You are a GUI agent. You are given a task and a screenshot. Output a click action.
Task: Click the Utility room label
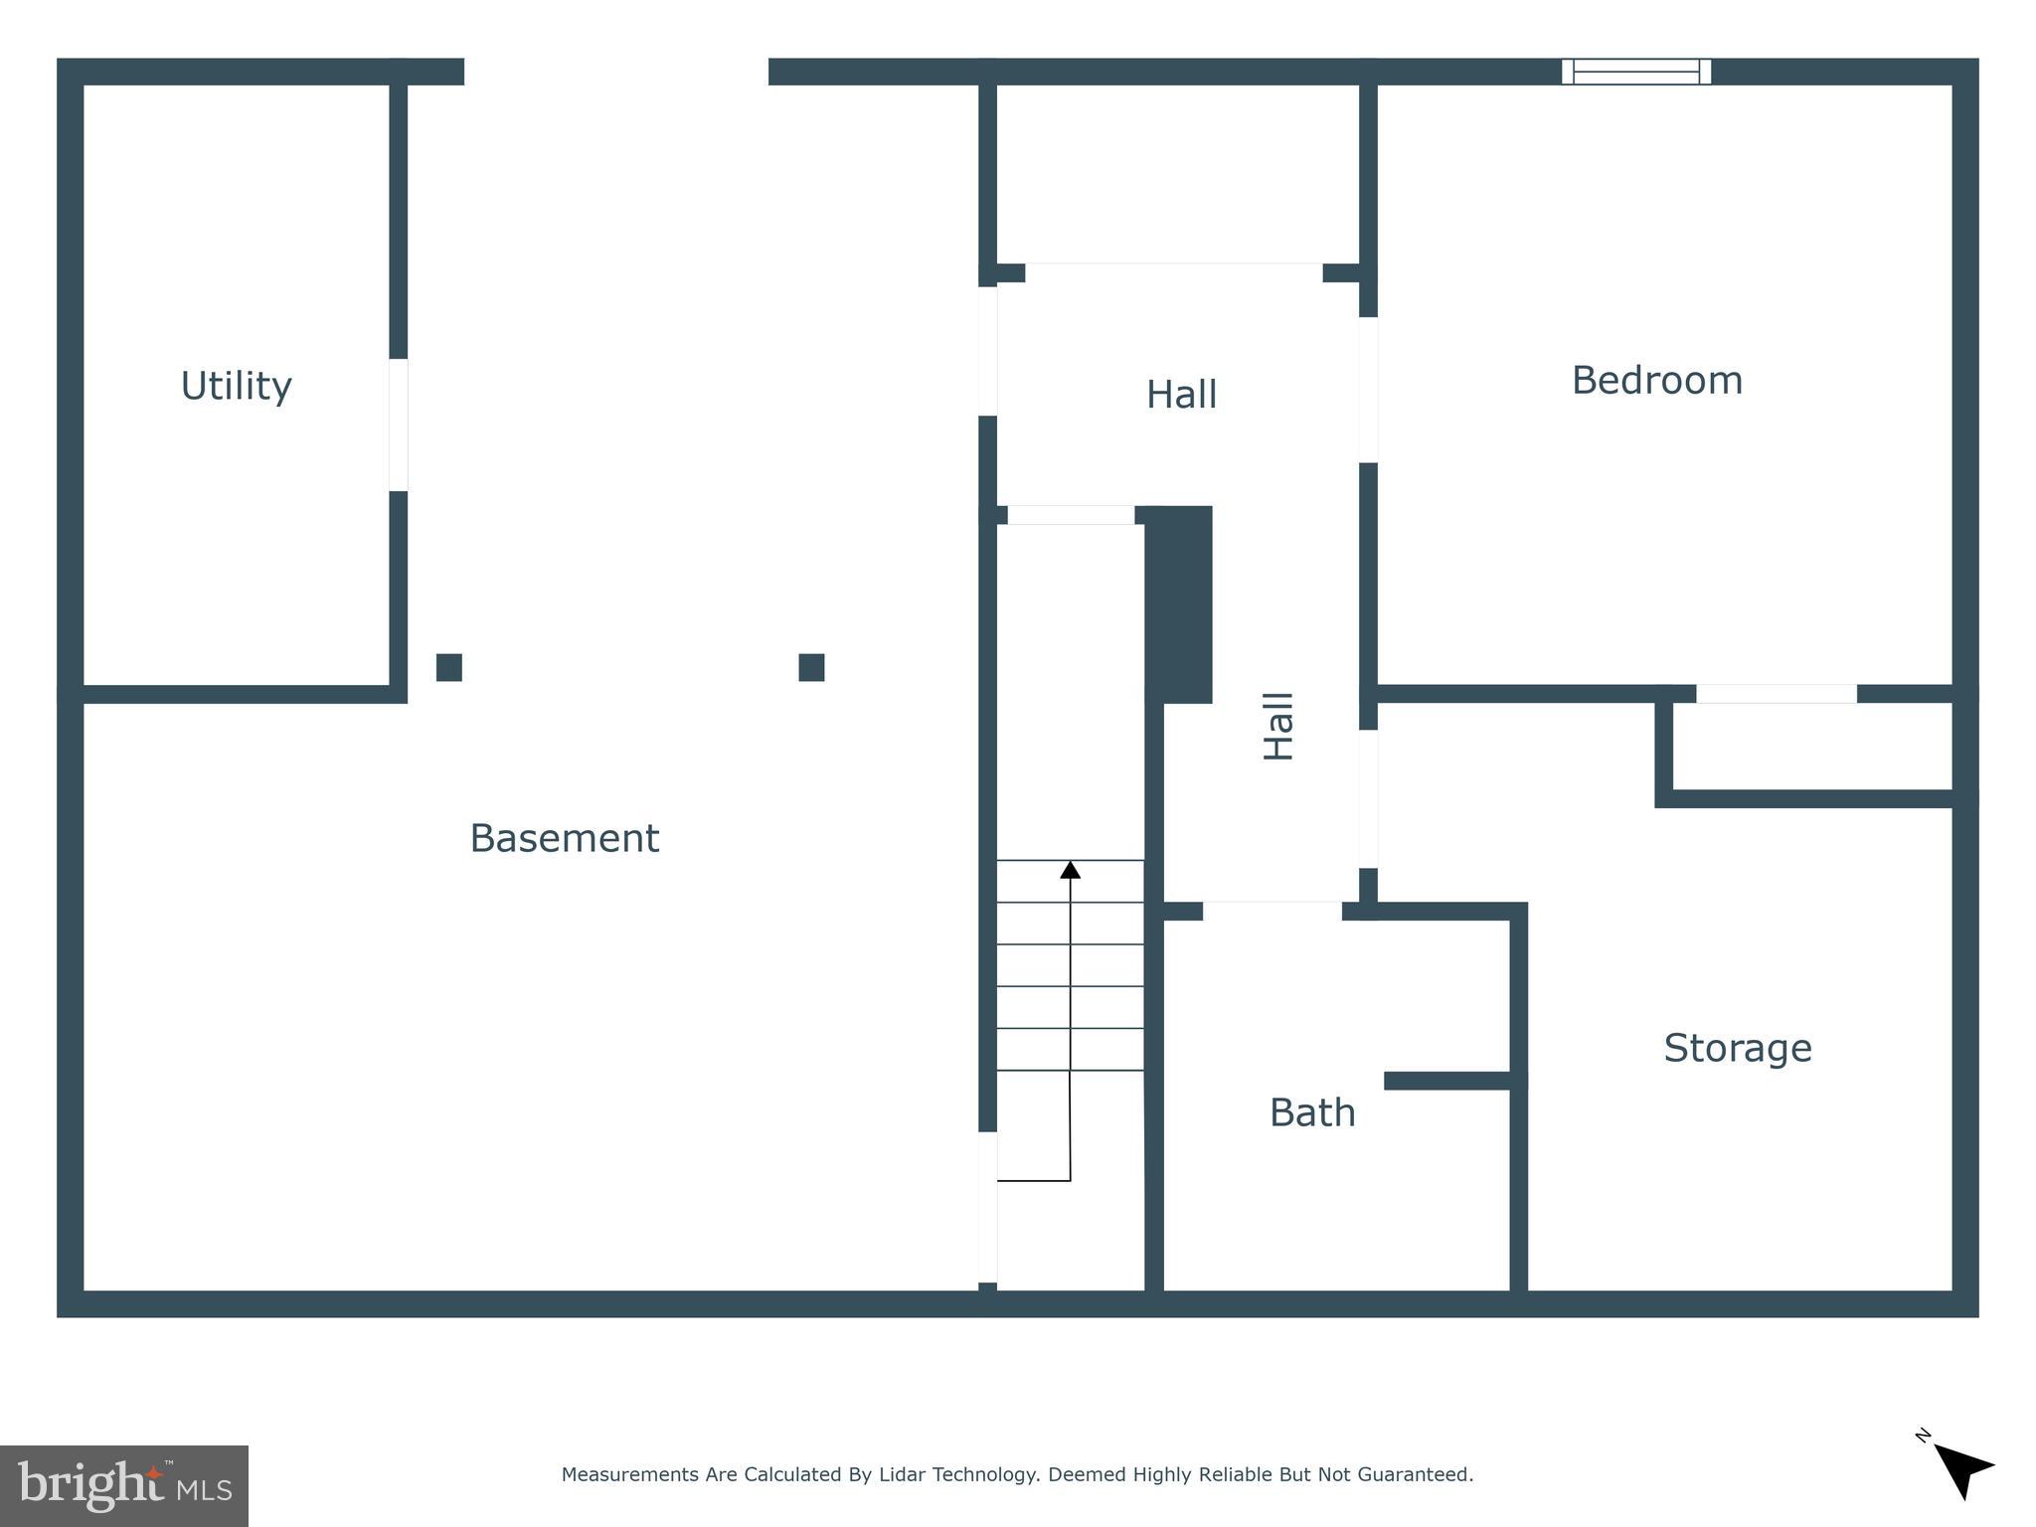(x=236, y=386)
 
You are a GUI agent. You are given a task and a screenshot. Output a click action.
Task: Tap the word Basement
(x=564, y=838)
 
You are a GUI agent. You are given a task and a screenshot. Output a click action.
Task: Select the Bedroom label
(x=1656, y=381)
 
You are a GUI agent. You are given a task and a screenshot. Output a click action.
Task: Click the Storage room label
(x=1737, y=1048)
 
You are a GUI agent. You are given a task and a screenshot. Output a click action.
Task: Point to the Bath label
(x=1312, y=1112)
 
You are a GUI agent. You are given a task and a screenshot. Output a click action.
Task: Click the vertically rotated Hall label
(x=1278, y=727)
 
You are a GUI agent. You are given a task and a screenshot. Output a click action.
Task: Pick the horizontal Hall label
(x=1181, y=395)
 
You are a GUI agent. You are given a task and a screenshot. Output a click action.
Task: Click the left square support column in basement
(x=449, y=667)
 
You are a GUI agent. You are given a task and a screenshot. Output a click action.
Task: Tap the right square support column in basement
(x=811, y=667)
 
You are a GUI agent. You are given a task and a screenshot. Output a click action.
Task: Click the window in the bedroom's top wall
(x=1635, y=72)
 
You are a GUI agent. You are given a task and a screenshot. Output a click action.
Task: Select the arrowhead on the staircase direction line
(x=1070, y=870)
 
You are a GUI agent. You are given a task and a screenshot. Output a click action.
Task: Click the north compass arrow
(x=1961, y=1470)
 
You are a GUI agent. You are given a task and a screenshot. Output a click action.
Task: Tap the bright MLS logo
(x=124, y=1485)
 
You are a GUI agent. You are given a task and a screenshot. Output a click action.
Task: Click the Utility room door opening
(x=398, y=424)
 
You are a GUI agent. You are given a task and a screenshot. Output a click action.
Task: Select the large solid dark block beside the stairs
(x=1179, y=603)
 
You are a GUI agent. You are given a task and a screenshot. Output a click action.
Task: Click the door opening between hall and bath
(x=1272, y=911)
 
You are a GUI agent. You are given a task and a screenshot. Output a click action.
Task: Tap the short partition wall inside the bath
(x=1447, y=1081)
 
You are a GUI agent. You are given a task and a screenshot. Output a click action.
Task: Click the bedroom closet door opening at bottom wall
(x=1776, y=693)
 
